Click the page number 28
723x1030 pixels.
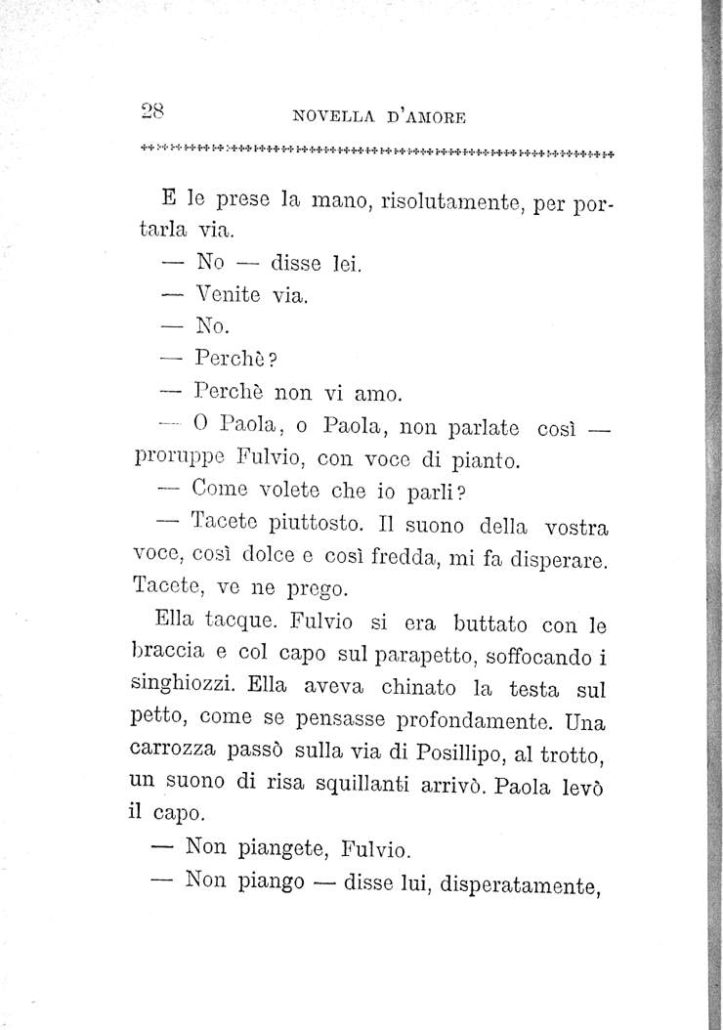coord(149,110)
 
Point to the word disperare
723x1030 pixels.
coord(552,563)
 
